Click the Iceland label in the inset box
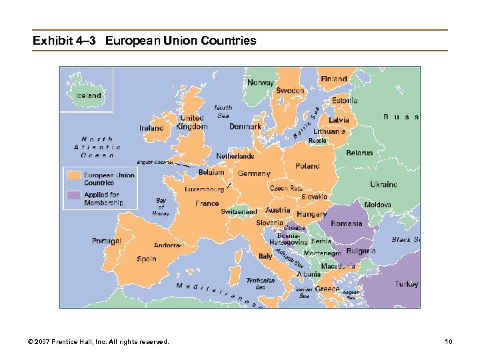click(x=88, y=95)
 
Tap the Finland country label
click(x=333, y=79)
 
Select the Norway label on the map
click(x=260, y=83)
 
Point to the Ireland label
click(x=151, y=128)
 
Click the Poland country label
click(x=307, y=166)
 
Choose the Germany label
click(x=254, y=173)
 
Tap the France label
click(x=207, y=203)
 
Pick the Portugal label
click(x=107, y=241)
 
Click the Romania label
click(x=346, y=223)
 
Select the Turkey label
click(x=406, y=284)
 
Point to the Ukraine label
click(x=383, y=184)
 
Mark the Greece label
click(x=327, y=289)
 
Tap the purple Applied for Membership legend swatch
click(x=73, y=196)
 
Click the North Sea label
click(x=223, y=111)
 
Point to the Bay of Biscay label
click(x=161, y=207)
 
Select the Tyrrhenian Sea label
click(x=260, y=284)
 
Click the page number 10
click(x=449, y=342)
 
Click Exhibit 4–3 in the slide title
click(x=65, y=41)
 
